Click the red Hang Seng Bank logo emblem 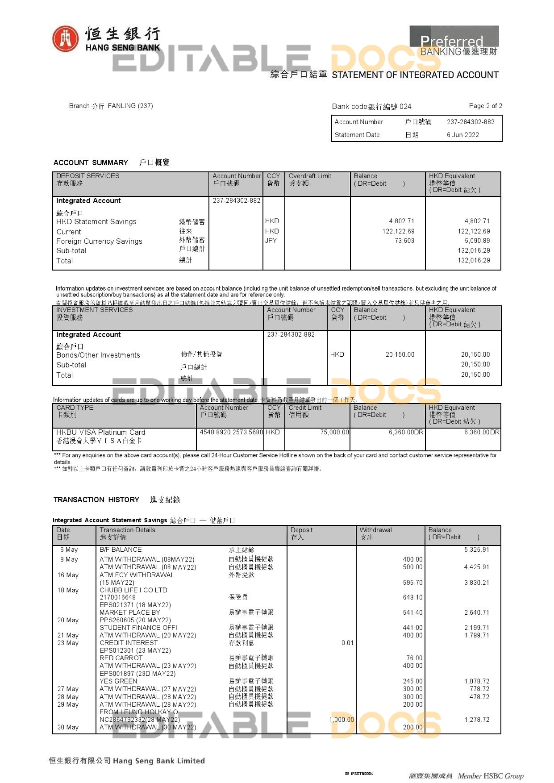click(65, 38)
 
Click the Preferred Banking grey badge click(454, 41)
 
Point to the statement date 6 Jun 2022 click(462, 135)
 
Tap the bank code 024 click(405, 106)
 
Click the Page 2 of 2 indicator click(485, 106)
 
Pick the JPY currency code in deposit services click(271, 241)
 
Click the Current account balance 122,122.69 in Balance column click(398, 231)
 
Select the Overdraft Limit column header click(310, 176)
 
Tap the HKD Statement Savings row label click(96, 222)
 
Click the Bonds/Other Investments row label click(98, 355)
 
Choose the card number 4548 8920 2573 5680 click(231, 432)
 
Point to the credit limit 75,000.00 click(334, 432)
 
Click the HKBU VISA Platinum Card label click(101, 432)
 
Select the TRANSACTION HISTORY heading click(96, 500)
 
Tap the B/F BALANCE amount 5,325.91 click(476, 550)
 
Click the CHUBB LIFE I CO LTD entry click(133, 590)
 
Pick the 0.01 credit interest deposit click(347, 643)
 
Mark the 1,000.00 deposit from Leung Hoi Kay click(342, 720)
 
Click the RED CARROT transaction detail click(121, 658)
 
